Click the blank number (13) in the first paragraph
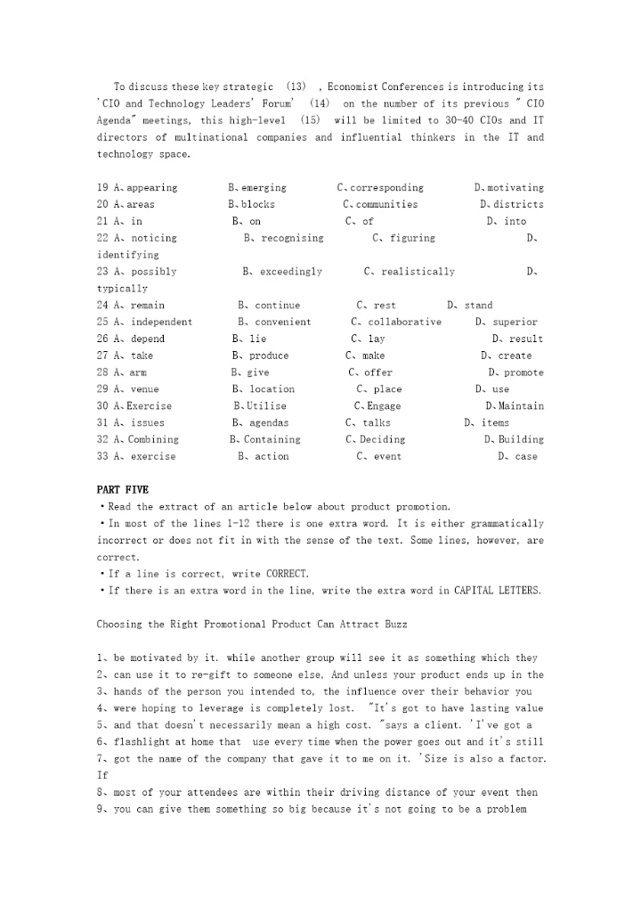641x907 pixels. [x=296, y=86]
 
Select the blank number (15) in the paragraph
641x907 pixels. [x=310, y=120]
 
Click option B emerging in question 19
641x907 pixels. [x=257, y=188]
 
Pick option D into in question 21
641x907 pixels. [x=507, y=221]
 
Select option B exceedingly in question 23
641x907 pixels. [x=282, y=272]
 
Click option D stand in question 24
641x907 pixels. [x=470, y=306]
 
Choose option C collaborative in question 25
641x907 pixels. [x=396, y=322]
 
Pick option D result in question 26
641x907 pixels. [x=517, y=339]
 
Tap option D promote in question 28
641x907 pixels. [x=515, y=372]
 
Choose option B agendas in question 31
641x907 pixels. [x=261, y=423]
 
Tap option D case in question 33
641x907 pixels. [x=517, y=457]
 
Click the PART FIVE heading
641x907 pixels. [x=123, y=490]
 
